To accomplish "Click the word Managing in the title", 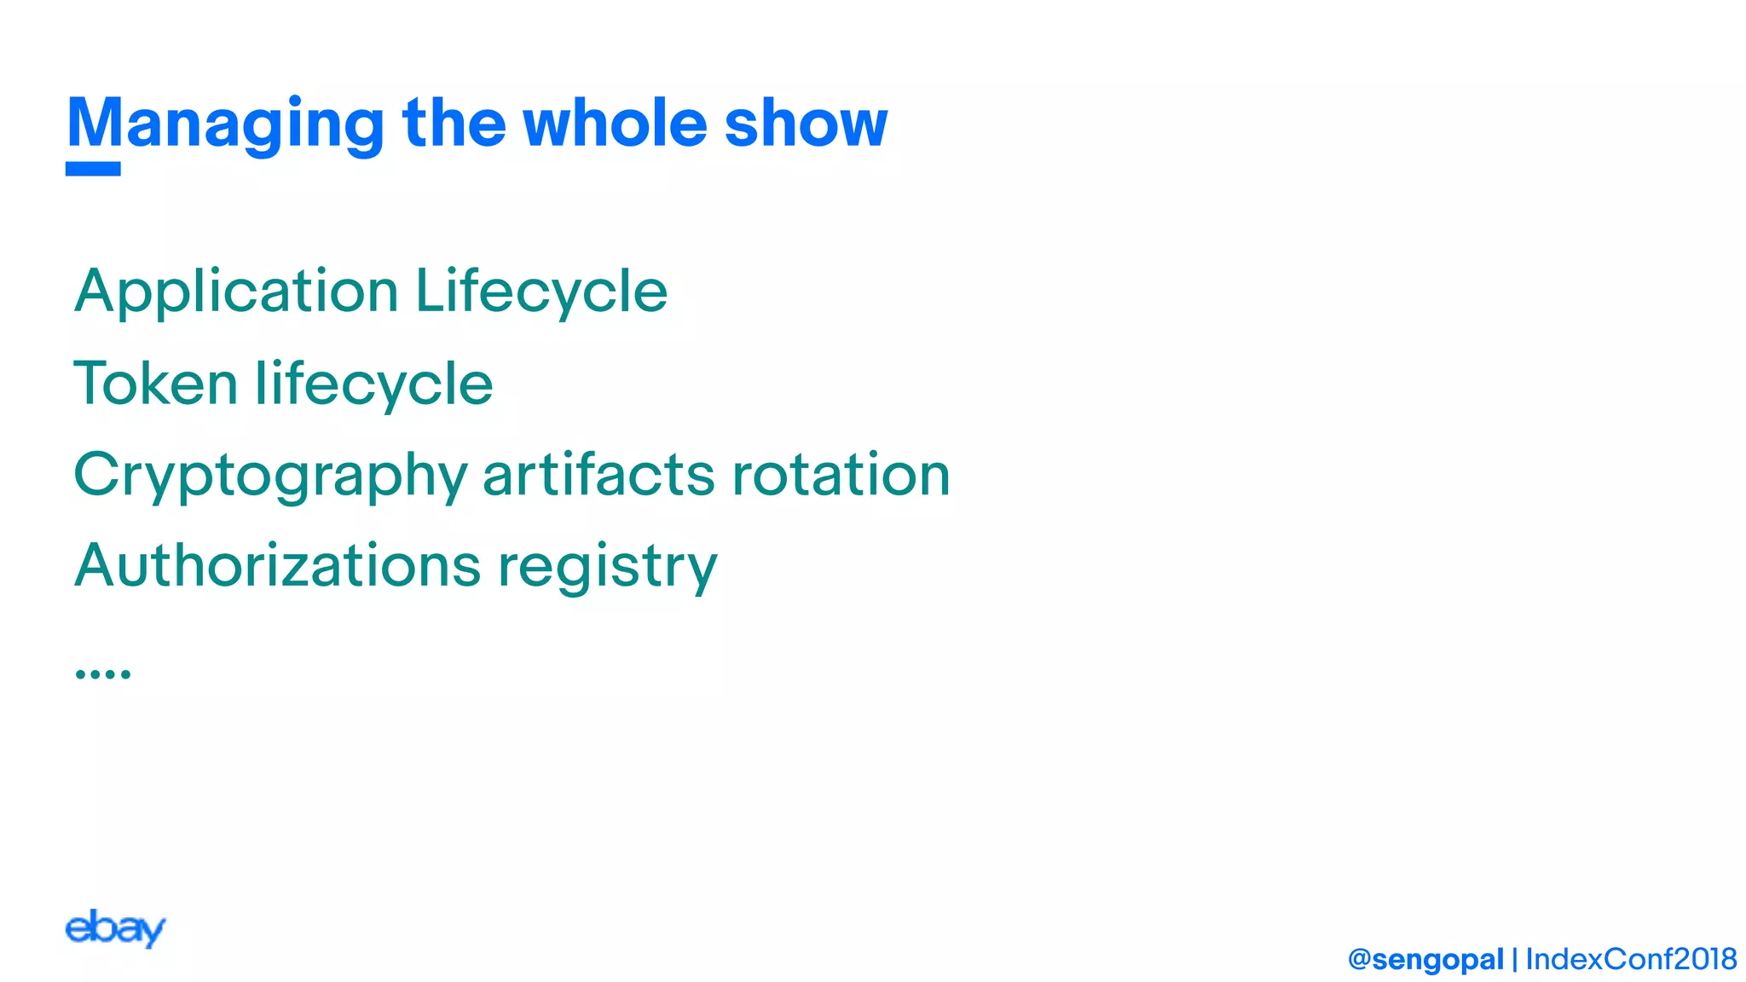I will [x=226, y=124].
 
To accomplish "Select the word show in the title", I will [x=806, y=123].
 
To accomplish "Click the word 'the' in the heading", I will [x=454, y=123].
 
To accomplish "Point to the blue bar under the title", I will [x=93, y=169].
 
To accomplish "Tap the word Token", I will [x=155, y=384].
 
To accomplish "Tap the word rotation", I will [x=841, y=474].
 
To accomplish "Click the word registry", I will [x=608, y=568].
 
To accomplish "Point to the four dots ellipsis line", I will [x=102, y=673].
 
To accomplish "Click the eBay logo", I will [x=115, y=928].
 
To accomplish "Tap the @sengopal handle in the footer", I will [x=1425, y=959].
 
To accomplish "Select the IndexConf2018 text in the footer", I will [x=1631, y=959].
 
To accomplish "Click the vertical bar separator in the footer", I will [x=1515, y=960].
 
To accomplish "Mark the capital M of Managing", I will [x=95, y=123].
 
